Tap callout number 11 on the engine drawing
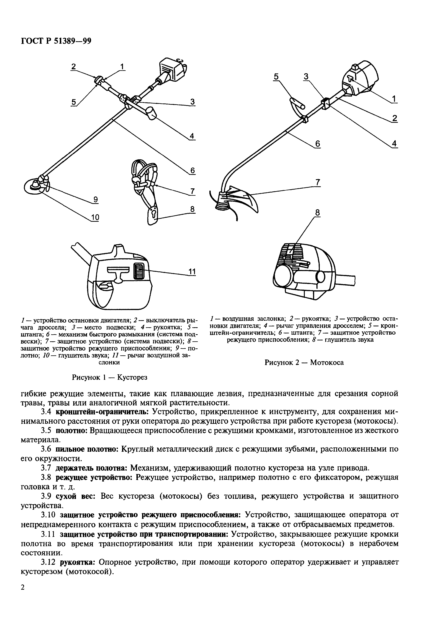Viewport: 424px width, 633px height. pos(192,271)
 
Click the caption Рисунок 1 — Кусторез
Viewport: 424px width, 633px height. pos(109,377)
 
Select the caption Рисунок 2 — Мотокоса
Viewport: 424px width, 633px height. pos(304,362)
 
